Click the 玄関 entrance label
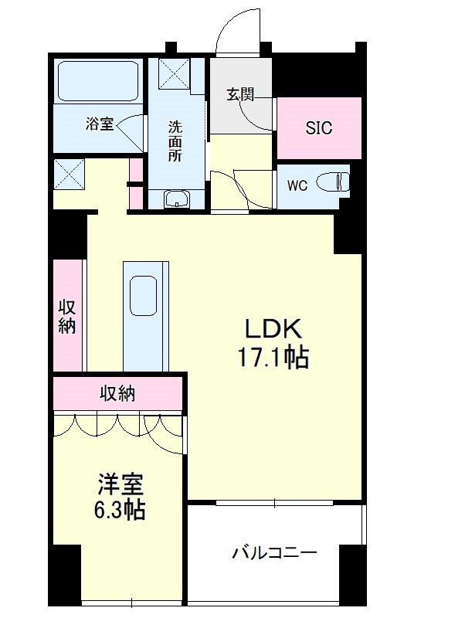tap(240, 94)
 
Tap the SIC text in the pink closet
tap(319, 127)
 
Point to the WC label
tap(297, 185)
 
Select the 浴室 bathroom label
tap(100, 124)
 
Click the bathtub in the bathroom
tap(98, 81)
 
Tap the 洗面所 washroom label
tap(176, 141)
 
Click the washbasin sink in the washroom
tap(178, 199)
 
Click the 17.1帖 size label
tap(273, 357)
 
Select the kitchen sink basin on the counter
tap(143, 296)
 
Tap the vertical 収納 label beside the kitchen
tap(67, 317)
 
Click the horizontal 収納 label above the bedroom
tap(117, 393)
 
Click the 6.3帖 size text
tap(120, 510)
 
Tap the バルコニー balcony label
tap(274, 553)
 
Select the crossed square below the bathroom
tap(69, 175)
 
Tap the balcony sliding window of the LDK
tap(275, 503)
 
